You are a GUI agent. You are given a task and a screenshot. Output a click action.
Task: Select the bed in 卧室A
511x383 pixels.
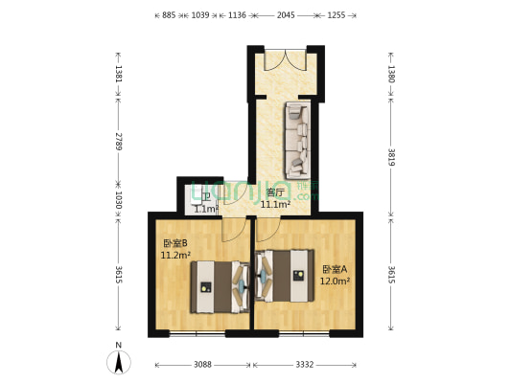click(286, 279)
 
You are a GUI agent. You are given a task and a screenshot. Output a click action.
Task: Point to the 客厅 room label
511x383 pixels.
click(274, 192)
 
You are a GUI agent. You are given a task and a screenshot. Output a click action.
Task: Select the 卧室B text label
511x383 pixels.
click(174, 243)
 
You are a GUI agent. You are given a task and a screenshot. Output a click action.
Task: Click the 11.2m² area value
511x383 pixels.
click(175, 256)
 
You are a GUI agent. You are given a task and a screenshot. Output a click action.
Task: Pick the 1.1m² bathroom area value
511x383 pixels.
click(205, 209)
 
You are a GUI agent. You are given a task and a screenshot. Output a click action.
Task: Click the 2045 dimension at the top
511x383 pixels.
click(286, 16)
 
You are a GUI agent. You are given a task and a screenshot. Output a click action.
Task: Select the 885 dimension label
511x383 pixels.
click(168, 16)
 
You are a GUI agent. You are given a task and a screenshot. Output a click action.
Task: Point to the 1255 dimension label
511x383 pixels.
click(336, 16)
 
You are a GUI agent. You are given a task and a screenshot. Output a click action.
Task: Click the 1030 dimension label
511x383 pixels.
click(118, 200)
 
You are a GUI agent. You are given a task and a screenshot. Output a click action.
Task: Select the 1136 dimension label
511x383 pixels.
click(237, 16)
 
